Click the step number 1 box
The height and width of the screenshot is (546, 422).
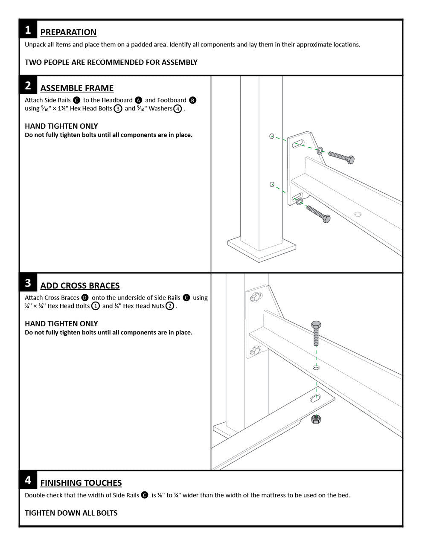pos(28,30)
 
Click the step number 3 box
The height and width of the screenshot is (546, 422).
pos(28,283)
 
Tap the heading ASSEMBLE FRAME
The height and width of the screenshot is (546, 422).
pos(77,88)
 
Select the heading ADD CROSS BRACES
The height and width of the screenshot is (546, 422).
pos(80,286)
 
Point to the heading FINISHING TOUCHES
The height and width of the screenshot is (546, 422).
pos(81,483)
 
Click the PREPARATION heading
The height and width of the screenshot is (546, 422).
pos(68,32)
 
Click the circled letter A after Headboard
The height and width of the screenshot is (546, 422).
pos(138,100)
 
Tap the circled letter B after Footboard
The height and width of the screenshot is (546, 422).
pos(192,100)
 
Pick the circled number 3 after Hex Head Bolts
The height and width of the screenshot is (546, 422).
pos(118,109)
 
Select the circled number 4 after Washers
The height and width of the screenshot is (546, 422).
pos(178,109)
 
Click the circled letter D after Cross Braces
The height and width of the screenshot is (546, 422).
pos(85,298)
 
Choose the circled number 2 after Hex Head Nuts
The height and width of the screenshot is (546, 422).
pos(170,306)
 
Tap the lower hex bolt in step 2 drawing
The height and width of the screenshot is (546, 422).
pos(318,214)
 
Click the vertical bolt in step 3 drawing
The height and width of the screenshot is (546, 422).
pos(316,333)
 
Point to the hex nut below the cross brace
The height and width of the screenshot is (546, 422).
pos(316,419)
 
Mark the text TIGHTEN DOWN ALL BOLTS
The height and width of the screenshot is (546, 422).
pos(71,513)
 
